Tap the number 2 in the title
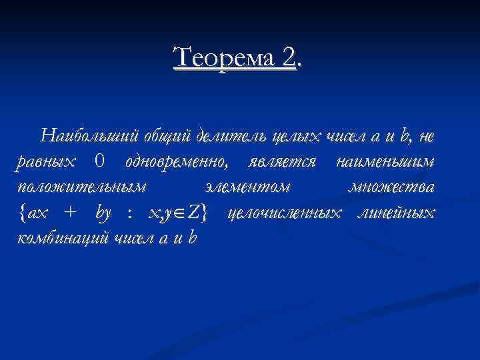point(289,58)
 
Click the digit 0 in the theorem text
point(99,161)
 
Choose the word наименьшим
point(386,162)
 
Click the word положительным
point(81,188)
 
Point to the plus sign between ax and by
point(69,213)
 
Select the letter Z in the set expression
point(195,213)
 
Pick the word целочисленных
point(283,213)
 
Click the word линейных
point(395,213)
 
